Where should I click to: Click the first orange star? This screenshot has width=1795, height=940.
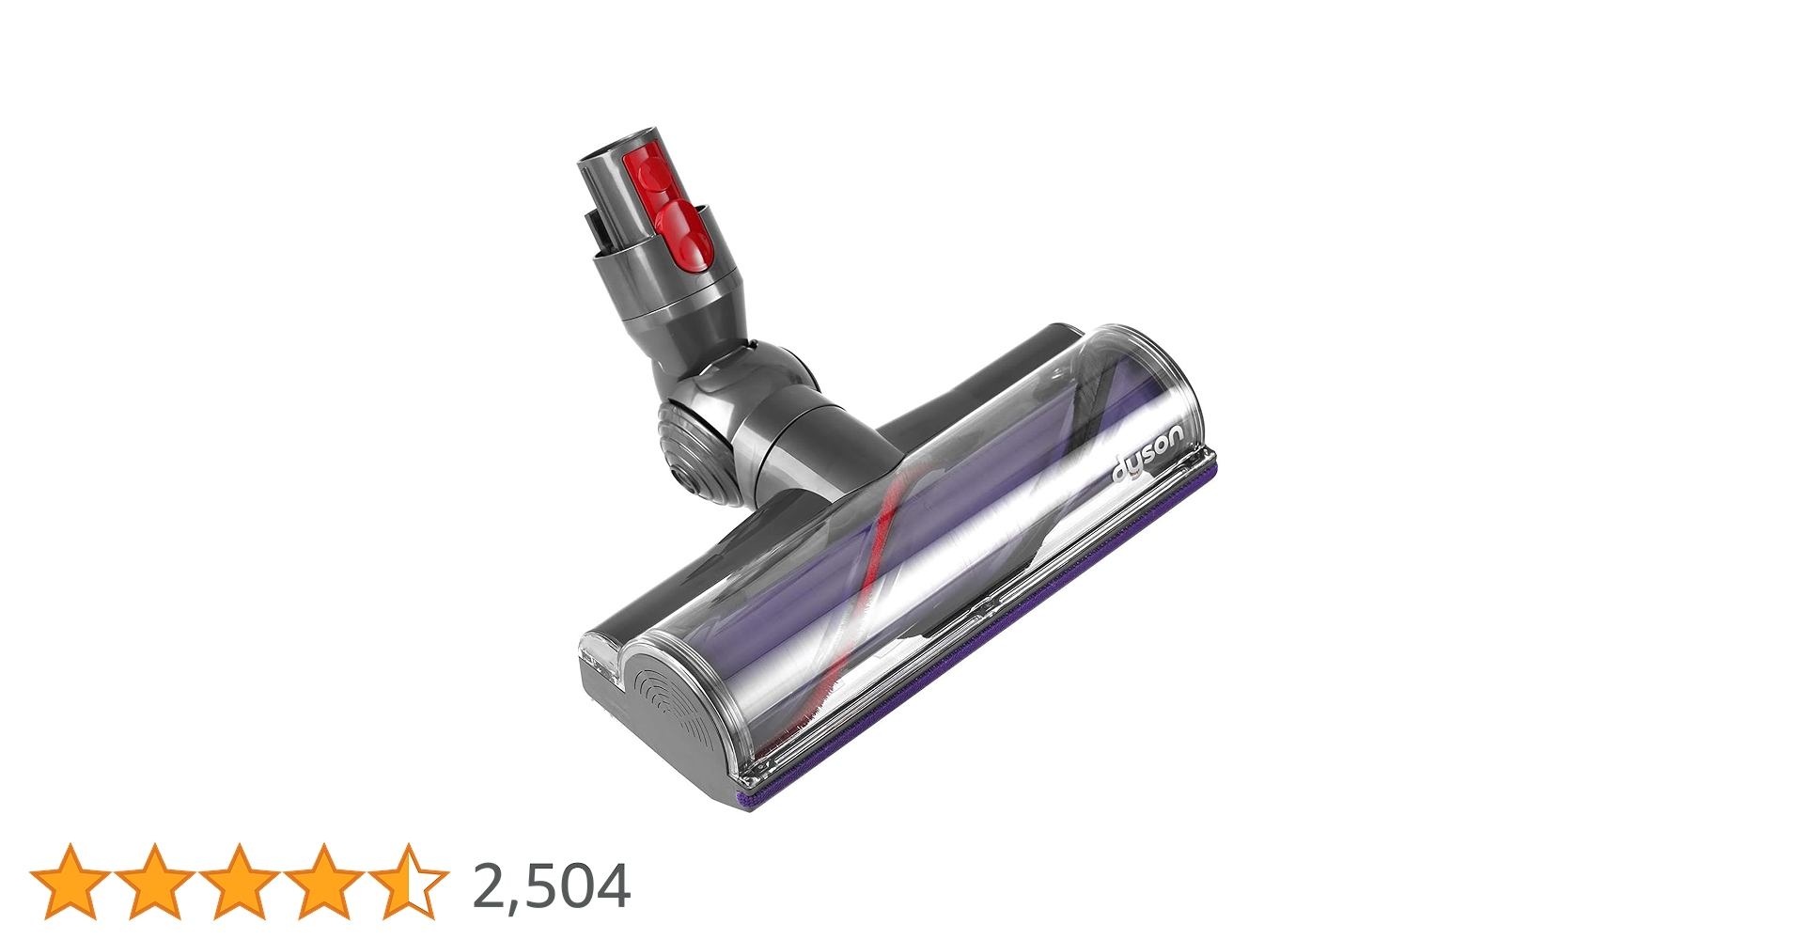pos(70,882)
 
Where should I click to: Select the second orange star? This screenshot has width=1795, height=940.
pos(154,882)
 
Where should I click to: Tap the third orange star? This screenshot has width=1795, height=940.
pos(239,882)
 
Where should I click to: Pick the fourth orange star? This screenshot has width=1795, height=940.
pos(323,882)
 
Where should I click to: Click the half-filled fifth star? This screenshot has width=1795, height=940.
pos(408,882)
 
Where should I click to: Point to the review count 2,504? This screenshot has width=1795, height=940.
pos(551,885)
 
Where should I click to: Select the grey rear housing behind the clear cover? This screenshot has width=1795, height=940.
pos(977,385)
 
